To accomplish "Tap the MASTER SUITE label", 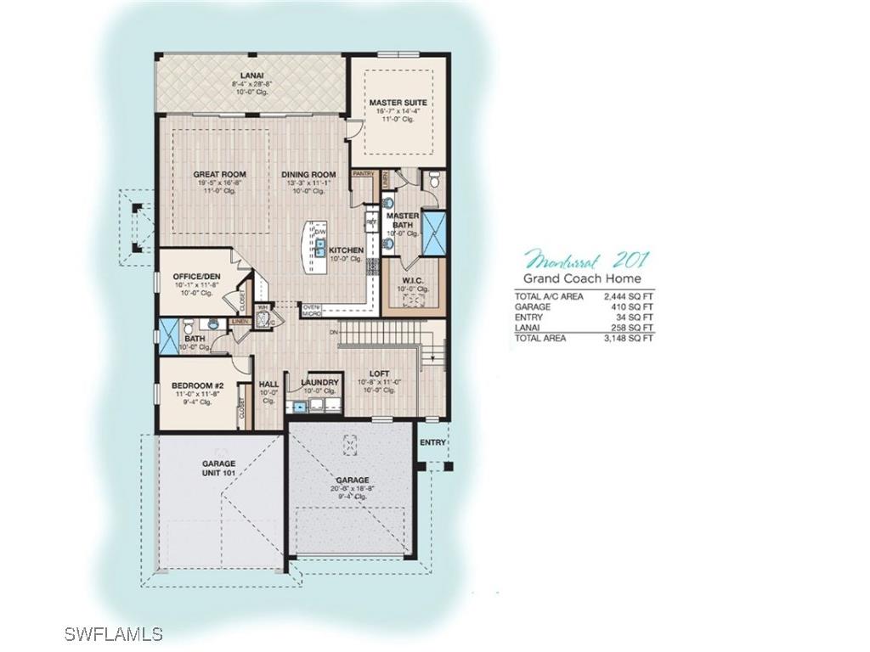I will coord(398,103).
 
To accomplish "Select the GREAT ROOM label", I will coord(219,174).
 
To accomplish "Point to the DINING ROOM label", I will coord(308,174).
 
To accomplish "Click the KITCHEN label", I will coord(346,250).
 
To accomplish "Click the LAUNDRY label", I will coord(319,383).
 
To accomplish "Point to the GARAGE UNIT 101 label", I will coord(218,468).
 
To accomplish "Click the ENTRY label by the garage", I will coord(432,442).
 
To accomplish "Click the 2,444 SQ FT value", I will coord(635,296).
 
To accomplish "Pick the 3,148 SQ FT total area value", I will coord(635,338).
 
